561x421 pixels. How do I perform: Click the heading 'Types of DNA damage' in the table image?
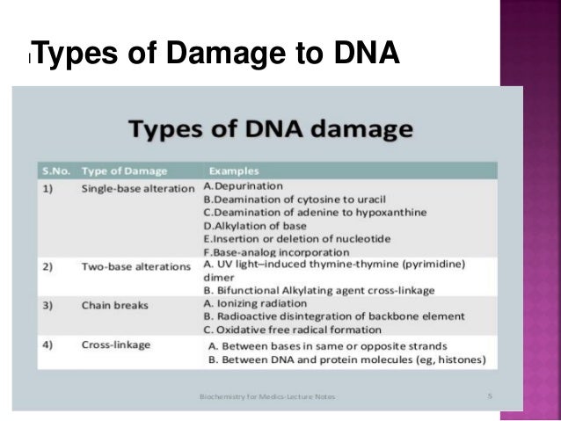[x=271, y=131]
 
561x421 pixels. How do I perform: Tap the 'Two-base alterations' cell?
[x=135, y=265]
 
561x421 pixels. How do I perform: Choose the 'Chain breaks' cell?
[x=111, y=305]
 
